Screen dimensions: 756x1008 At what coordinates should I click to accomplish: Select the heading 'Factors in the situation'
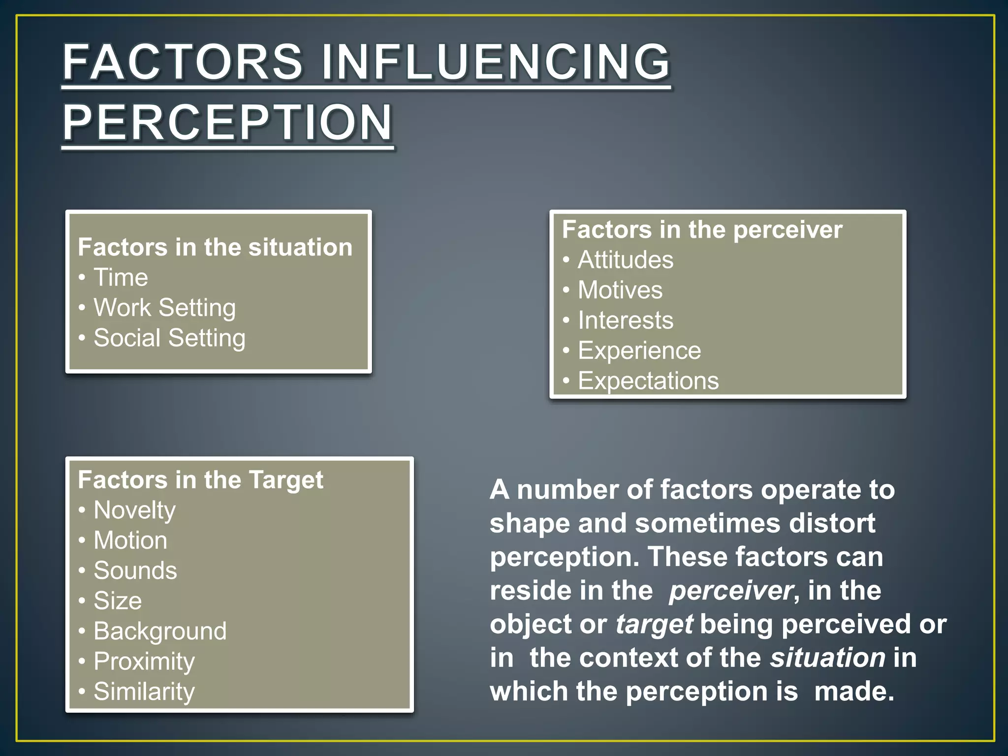click(215, 247)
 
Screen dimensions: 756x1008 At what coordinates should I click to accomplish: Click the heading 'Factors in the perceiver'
click(702, 230)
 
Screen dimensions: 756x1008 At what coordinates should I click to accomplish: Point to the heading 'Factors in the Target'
click(200, 480)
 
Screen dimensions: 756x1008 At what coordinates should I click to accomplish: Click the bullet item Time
click(121, 278)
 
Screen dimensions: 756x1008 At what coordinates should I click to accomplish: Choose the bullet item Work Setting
click(164, 308)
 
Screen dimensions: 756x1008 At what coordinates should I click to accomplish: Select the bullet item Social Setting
click(169, 338)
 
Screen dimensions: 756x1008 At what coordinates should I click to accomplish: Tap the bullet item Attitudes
click(625, 260)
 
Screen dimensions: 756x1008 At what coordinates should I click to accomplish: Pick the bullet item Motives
click(620, 290)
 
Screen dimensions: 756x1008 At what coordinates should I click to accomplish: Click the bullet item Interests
click(625, 320)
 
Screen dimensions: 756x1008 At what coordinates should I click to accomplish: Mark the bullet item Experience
click(639, 351)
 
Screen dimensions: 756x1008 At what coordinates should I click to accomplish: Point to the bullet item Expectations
click(648, 381)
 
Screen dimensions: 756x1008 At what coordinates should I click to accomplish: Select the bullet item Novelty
click(134, 510)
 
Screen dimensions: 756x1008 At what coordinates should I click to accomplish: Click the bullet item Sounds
click(135, 571)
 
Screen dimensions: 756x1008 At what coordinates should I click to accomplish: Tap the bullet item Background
click(160, 631)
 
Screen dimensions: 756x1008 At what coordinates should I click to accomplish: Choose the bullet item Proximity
click(144, 661)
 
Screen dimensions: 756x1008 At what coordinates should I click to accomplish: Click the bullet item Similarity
click(144, 692)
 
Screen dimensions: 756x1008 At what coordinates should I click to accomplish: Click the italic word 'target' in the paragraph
click(654, 625)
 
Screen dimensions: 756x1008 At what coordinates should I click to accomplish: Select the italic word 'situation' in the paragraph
click(827, 658)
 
